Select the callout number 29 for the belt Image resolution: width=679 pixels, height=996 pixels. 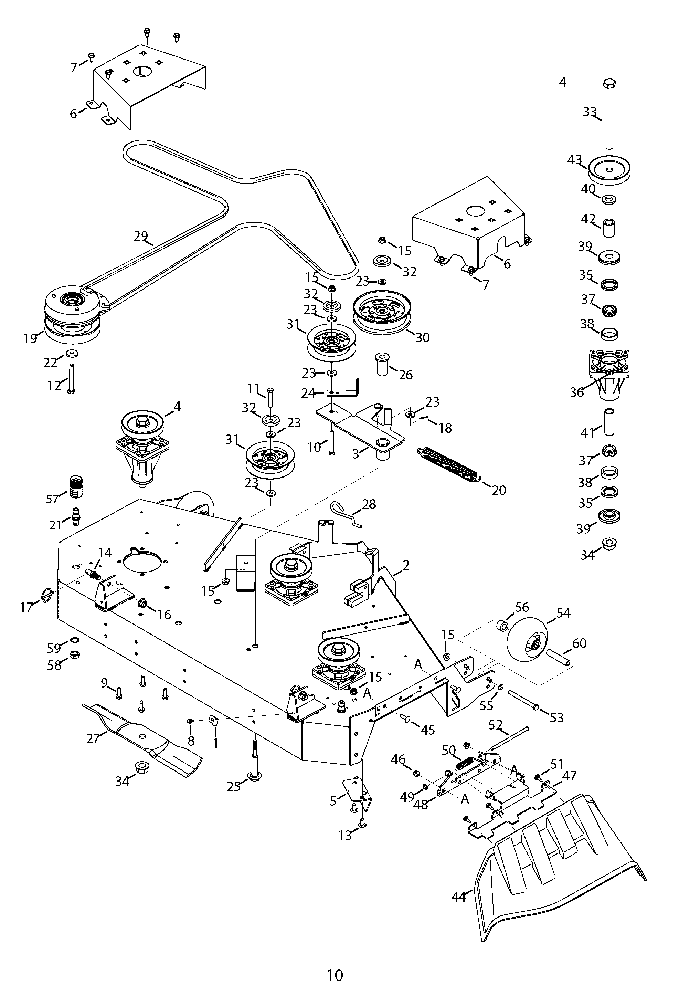pyautogui.click(x=140, y=236)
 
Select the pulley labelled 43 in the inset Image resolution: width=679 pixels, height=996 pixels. pyautogui.click(x=609, y=169)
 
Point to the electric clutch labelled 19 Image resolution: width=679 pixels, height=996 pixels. pyautogui.click(x=73, y=315)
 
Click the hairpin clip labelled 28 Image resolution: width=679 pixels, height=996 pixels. pyautogui.click(x=347, y=514)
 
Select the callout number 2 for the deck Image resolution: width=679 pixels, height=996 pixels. pyautogui.click(x=406, y=565)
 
